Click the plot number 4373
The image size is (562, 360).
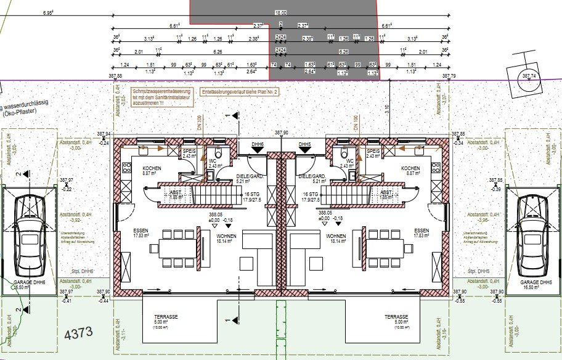pyautogui.click(x=78, y=333)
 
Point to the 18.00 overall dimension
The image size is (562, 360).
pyautogui.click(x=280, y=12)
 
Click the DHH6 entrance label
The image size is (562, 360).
pyautogui.click(x=258, y=144)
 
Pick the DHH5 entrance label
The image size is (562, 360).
pyautogui.click(x=304, y=144)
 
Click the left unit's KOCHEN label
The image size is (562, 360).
pyautogui.click(x=152, y=168)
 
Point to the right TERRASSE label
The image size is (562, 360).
pyautogui.click(x=396, y=316)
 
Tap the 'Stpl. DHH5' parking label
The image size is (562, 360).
pyautogui.click(x=479, y=271)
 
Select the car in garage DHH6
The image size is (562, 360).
pyautogui.click(x=29, y=235)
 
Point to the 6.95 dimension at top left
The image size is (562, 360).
pyautogui.click(x=48, y=12)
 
